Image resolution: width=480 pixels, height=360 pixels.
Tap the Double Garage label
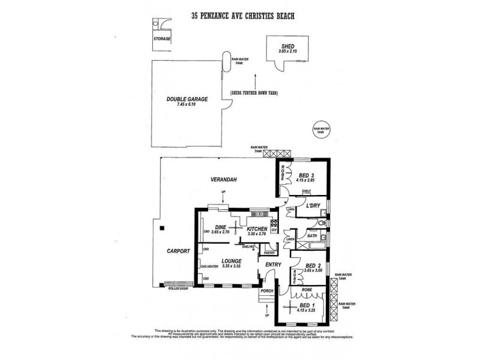pos(188,100)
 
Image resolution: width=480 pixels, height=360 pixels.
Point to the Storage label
pos(162,38)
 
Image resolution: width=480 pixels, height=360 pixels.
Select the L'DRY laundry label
pos(314,206)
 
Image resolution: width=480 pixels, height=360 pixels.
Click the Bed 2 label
pos(312,265)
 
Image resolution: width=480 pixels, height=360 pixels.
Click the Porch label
pos(266,291)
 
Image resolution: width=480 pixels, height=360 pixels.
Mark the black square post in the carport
pos(162,226)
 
